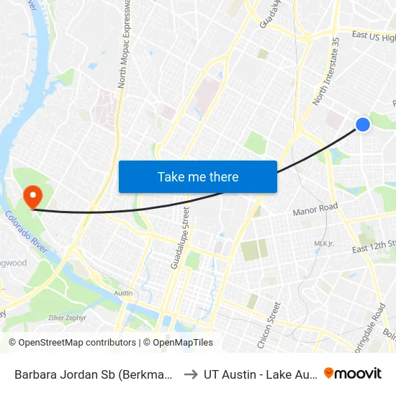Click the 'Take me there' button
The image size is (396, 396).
(197, 176)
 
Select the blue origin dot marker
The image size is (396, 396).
(363, 125)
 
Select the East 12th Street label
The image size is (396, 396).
(374, 247)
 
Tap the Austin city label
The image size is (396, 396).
(123, 293)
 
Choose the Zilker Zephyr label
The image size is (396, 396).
(67, 318)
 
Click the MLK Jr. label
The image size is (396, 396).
(324, 244)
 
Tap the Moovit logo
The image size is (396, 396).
(353, 373)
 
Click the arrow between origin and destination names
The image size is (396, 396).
(191, 374)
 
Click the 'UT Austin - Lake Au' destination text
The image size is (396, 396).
(258, 374)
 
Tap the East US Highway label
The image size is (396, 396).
(373, 36)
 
